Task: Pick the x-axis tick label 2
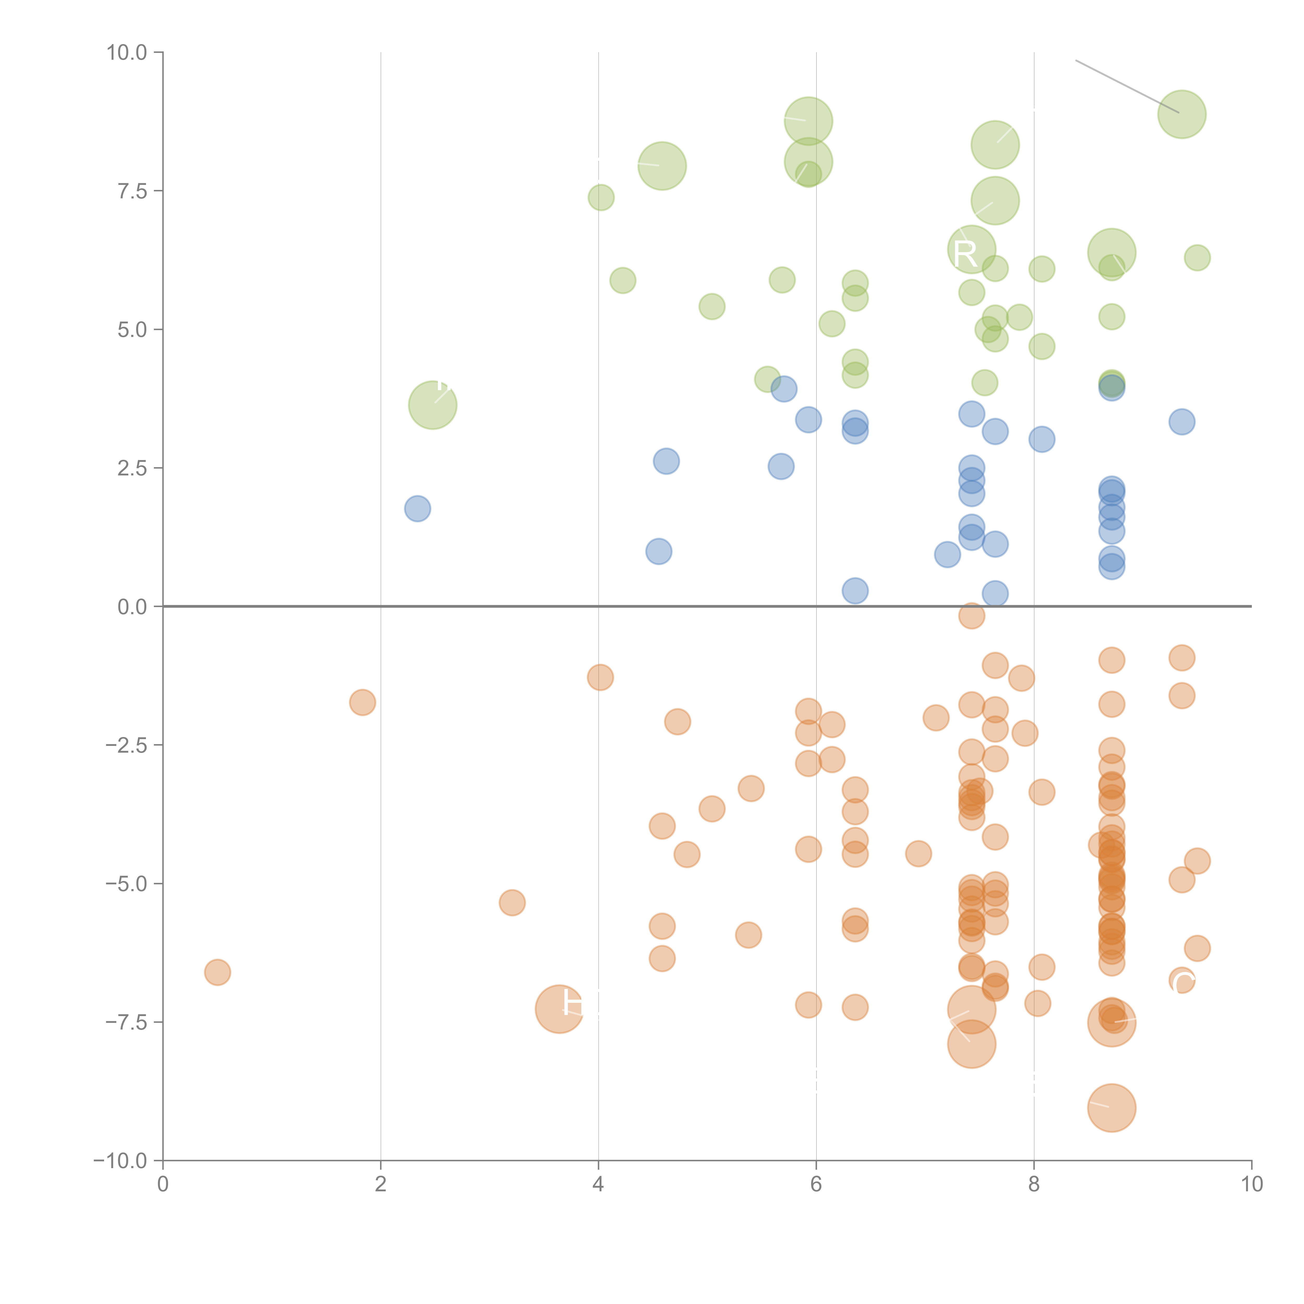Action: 381,1185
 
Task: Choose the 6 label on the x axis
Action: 816,1185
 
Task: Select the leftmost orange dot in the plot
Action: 217,972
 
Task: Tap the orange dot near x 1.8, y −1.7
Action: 363,703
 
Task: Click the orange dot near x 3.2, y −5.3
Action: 512,902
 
